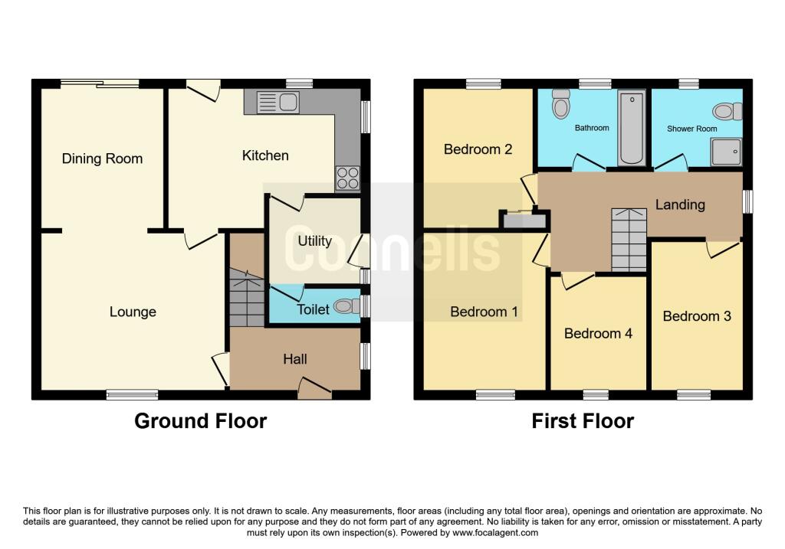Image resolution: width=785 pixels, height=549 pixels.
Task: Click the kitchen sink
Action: coord(278,103)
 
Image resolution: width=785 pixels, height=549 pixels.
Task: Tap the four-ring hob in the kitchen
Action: coord(347,178)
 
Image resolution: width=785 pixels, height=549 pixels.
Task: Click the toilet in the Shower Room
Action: coord(728,112)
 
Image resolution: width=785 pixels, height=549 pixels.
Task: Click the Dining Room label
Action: coord(102,159)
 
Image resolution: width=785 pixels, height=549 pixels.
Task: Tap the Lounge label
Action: coord(133,312)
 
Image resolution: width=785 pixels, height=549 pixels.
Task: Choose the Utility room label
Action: coord(314,241)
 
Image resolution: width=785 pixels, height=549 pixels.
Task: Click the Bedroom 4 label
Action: coord(598,334)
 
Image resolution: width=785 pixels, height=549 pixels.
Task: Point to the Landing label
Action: coord(680,204)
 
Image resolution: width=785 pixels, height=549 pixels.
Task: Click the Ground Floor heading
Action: coord(200,421)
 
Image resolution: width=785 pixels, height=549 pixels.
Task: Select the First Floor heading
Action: coord(583,421)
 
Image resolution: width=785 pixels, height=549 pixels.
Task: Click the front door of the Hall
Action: coord(314,391)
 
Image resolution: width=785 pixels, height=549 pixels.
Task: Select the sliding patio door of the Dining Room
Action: coord(100,84)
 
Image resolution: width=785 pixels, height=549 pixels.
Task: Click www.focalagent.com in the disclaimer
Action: coord(496,533)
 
